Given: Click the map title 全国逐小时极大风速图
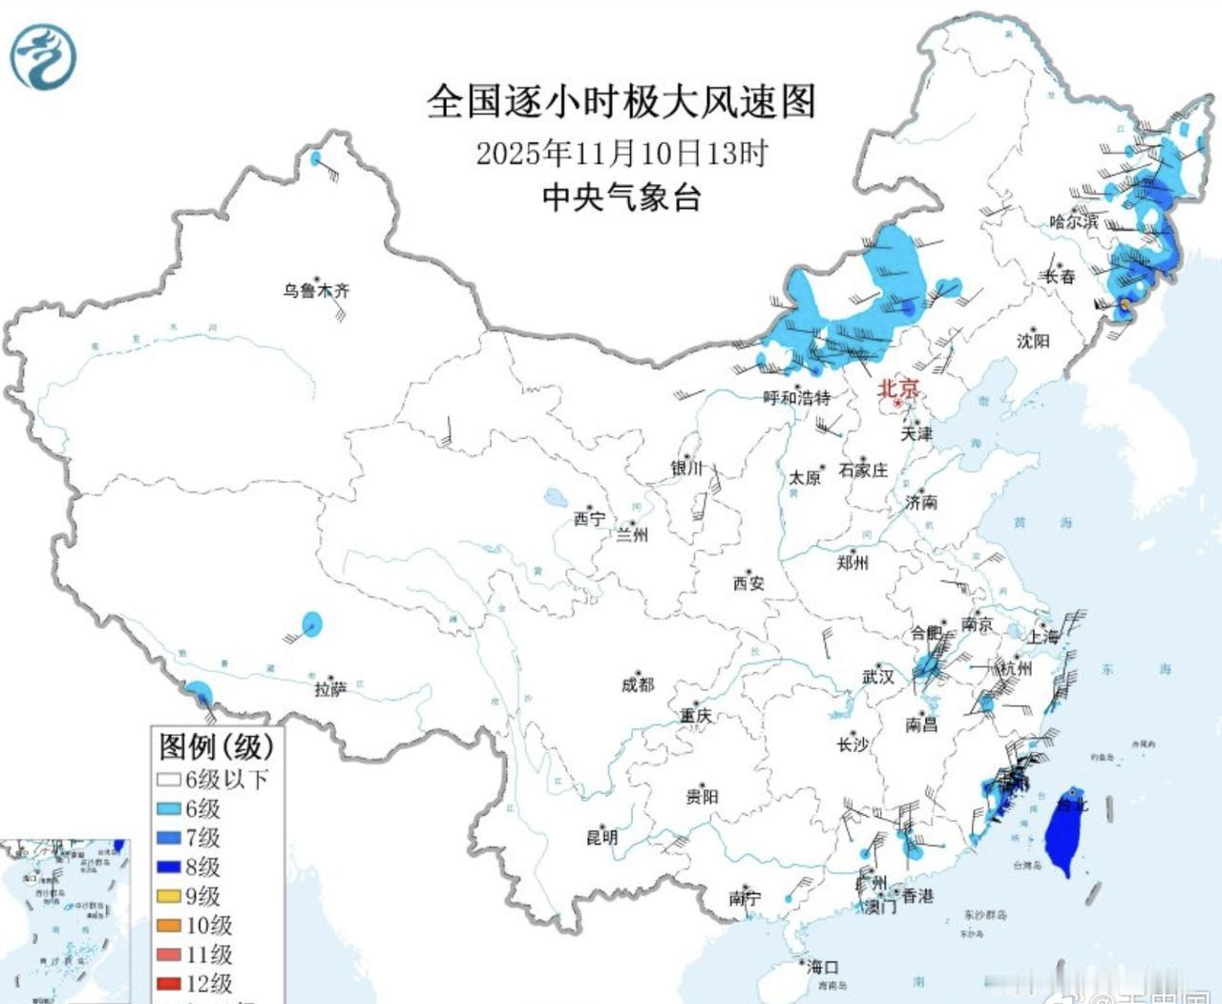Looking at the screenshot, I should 621,101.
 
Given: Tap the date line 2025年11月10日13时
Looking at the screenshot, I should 621,153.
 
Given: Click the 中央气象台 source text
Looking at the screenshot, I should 622,198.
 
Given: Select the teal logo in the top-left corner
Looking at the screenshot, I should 43,57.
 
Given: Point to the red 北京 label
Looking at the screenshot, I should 898,388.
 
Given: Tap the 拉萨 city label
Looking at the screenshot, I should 330,689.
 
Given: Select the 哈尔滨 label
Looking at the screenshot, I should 1073,221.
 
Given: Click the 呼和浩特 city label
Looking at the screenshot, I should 796,398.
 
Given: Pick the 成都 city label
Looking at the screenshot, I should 637,684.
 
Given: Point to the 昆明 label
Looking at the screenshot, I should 601,838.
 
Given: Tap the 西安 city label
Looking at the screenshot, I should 748,583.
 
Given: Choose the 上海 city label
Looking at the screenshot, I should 1043,637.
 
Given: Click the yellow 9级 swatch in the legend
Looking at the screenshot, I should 169,896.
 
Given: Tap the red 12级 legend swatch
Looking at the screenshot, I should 169,983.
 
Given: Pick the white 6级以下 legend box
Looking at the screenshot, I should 169,780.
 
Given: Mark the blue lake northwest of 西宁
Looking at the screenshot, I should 554,497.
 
